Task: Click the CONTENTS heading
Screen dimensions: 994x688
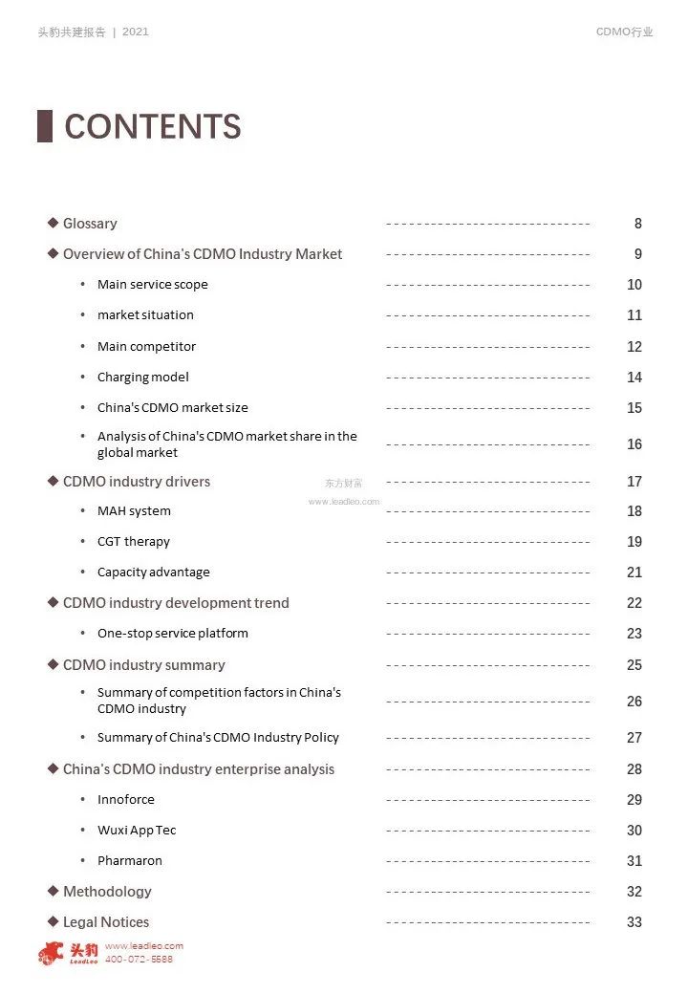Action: tap(152, 127)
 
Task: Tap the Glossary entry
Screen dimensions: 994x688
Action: tap(90, 224)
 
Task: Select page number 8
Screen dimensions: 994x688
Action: tap(637, 224)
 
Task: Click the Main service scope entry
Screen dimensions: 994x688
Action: tap(152, 285)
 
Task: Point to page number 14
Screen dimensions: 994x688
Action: tap(634, 378)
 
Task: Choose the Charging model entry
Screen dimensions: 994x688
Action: tap(142, 378)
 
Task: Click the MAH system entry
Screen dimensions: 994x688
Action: tap(134, 511)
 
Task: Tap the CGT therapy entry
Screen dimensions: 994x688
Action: tap(133, 542)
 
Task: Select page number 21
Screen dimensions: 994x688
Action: tap(634, 573)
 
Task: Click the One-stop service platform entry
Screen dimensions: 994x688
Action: tap(172, 634)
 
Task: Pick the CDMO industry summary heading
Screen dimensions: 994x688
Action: tap(143, 665)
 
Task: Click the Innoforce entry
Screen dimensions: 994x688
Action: tap(125, 800)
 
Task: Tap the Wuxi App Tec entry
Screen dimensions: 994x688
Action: tap(137, 831)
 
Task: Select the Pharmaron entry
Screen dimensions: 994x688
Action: tap(129, 861)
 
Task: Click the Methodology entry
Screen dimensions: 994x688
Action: tap(107, 892)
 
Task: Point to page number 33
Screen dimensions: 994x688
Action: tap(634, 922)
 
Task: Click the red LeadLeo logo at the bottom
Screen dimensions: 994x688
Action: tap(68, 953)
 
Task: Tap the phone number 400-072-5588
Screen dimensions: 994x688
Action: tap(139, 959)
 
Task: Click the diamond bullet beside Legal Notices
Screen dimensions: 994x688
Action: tap(54, 921)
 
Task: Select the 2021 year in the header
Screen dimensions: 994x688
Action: tap(136, 32)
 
